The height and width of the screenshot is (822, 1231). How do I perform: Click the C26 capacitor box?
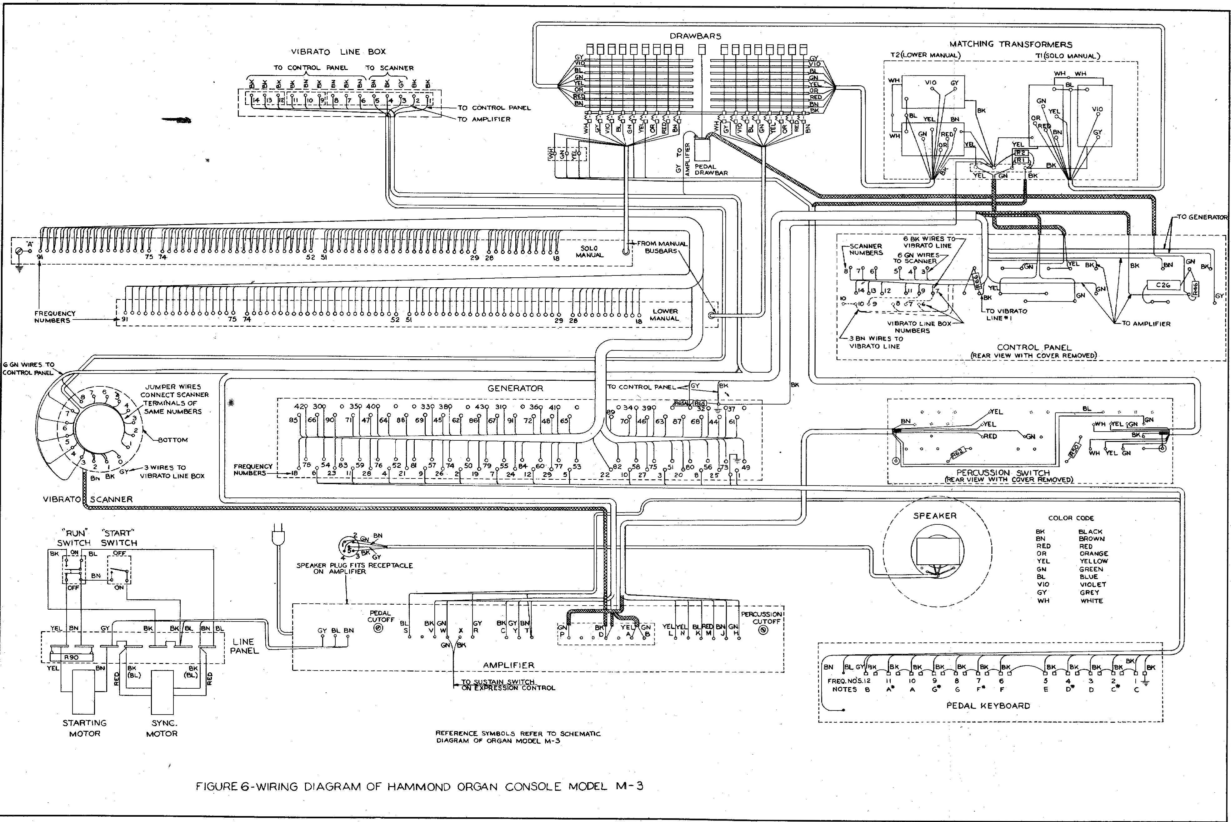tap(1163, 285)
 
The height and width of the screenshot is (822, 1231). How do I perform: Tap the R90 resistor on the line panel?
tap(71, 657)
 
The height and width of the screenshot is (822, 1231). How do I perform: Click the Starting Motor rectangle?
tap(84, 691)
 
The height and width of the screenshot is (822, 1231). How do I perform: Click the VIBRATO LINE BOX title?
tap(338, 51)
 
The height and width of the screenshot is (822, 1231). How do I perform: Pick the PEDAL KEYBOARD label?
tap(988, 706)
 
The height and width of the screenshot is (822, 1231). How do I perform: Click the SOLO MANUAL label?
tap(589, 252)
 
